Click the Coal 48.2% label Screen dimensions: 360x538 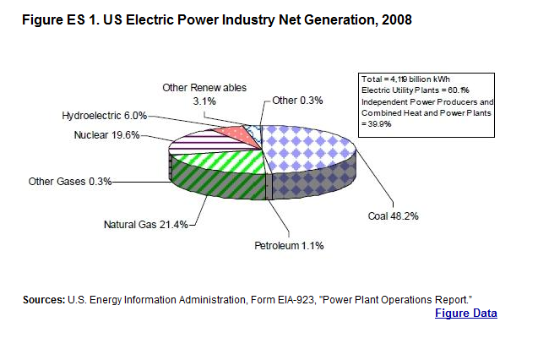394,215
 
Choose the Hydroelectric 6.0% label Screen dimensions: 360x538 104,116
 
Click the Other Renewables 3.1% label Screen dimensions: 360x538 204,94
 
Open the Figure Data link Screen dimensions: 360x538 465,314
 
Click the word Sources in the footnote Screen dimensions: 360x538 44,300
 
